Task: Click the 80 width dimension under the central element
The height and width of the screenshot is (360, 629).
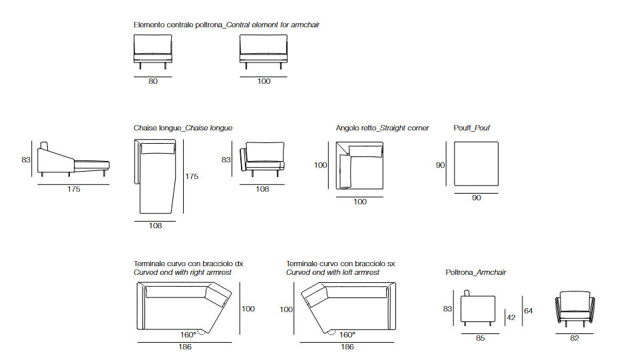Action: pyautogui.click(x=153, y=81)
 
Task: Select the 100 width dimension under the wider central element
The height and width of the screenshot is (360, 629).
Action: pyautogui.click(x=264, y=81)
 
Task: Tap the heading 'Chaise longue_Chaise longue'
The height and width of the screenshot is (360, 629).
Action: pyautogui.click(x=183, y=128)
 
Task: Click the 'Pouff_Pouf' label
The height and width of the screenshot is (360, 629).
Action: pyautogui.click(x=471, y=128)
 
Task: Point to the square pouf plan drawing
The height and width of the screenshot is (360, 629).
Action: pyautogui.click(x=476, y=164)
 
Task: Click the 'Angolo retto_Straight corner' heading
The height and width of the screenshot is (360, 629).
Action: pyautogui.click(x=382, y=128)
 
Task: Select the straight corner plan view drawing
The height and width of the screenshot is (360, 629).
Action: pyautogui.click(x=359, y=166)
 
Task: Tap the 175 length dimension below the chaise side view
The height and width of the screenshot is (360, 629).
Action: pyautogui.click(x=73, y=190)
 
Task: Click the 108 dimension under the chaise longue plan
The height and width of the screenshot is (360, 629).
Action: pyautogui.click(x=155, y=226)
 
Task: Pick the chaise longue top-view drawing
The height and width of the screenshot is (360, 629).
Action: pyautogui.click(x=154, y=178)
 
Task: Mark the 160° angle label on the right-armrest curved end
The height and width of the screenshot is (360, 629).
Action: pyautogui.click(x=188, y=335)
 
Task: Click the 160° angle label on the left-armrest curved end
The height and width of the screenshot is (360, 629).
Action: pyautogui.click(x=347, y=335)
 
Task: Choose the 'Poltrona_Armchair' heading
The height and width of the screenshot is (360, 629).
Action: pyautogui.click(x=476, y=272)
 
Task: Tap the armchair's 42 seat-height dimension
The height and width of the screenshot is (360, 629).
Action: pyautogui.click(x=511, y=317)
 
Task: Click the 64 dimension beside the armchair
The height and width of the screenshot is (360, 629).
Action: pyautogui.click(x=528, y=310)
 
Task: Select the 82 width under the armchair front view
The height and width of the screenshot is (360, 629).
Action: pyautogui.click(x=574, y=338)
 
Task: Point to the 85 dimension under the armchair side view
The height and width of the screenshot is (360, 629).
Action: pyautogui.click(x=481, y=338)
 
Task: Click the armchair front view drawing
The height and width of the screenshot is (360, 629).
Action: pyautogui.click(x=574, y=309)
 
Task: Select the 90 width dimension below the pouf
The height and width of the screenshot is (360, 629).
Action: pyautogui.click(x=476, y=198)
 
